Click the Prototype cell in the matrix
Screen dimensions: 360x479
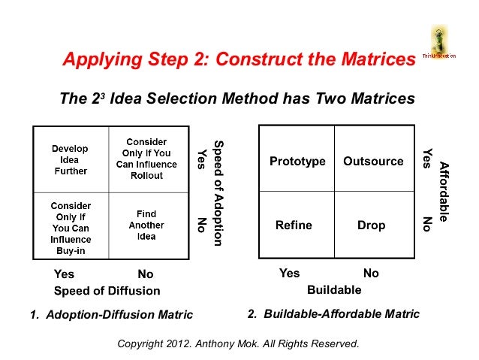pos(297,162)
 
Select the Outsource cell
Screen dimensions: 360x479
pos(373,162)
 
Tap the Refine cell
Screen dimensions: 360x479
pos(294,225)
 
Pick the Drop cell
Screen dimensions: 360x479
pos(371,225)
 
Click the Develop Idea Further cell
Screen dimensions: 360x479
pos(69,160)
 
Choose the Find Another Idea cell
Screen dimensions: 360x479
pos(146,225)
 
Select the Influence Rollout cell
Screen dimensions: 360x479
pos(146,159)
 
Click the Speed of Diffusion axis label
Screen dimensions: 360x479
pos(107,291)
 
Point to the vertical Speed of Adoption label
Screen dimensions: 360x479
pos(218,192)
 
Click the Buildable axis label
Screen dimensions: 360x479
pos(334,289)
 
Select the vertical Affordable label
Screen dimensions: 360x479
pos(444,192)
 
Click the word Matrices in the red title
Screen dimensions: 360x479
pos(368,59)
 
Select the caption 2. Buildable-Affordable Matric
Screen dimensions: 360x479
pos(333,313)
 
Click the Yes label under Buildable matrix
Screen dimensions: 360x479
pos(289,274)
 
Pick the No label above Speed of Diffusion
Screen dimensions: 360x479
pos(145,274)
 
